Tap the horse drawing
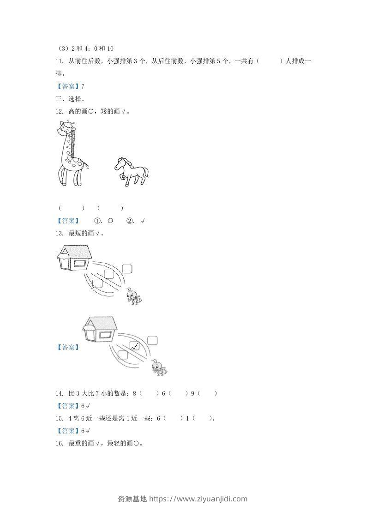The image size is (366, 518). [132, 171]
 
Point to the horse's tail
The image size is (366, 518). [146, 173]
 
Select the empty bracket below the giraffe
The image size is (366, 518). [71, 208]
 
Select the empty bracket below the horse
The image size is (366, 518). [110, 208]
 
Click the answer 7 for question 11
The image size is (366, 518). [83, 86]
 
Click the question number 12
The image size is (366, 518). [59, 111]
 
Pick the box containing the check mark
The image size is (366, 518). [134, 346]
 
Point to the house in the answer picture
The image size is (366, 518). [100, 330]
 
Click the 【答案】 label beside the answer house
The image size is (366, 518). [67, 347]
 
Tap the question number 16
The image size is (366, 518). [59, 444]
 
